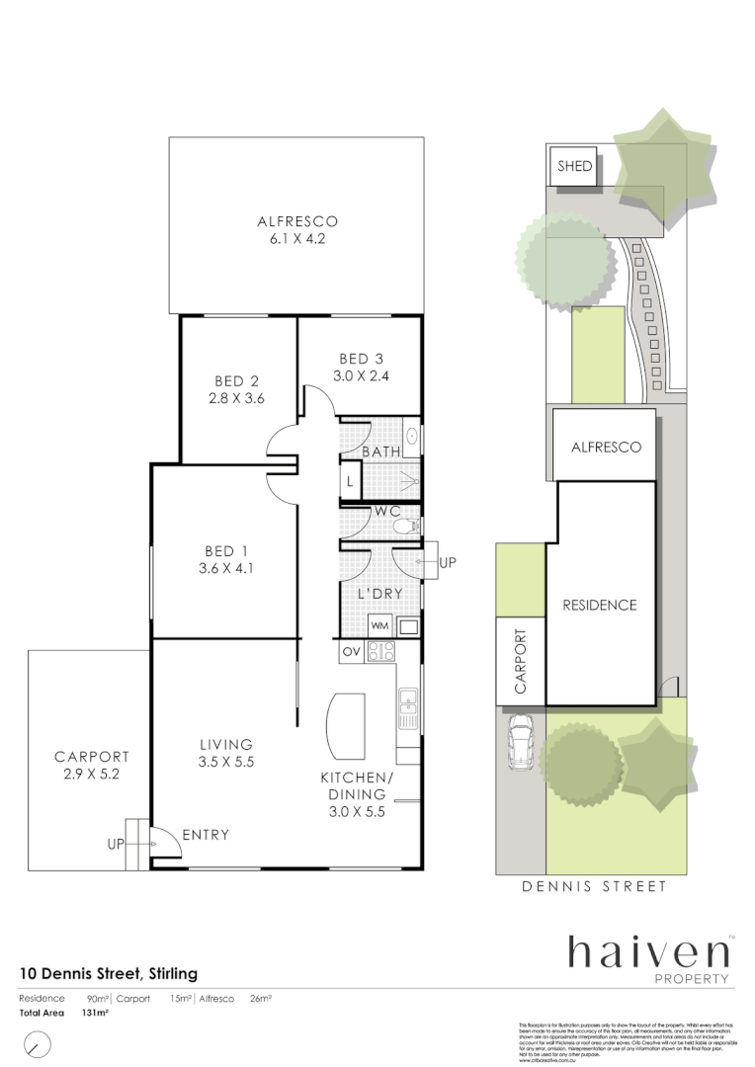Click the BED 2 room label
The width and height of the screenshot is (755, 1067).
(x=237, y=381)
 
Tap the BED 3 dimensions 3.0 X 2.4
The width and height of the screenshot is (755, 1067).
(x=360, y=375)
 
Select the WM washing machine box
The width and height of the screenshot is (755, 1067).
(x=379, y=625)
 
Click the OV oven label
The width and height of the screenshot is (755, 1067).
(x=351, y=651)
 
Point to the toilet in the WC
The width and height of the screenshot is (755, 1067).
(x=403, y=528)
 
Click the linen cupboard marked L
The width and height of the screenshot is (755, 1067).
(x=350, y=482)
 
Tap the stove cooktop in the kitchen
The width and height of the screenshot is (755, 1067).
(x=381, y=651)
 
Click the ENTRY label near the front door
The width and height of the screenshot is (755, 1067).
(x=206, y=835)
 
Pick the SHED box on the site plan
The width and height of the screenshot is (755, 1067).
(x=574, y=166)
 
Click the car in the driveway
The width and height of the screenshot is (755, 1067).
(x=520, y=742)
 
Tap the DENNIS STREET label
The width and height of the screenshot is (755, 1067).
(x=594, y=886)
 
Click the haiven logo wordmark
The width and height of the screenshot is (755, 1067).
(x=647, y=952)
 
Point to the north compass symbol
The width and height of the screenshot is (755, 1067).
(x=37, y=1043)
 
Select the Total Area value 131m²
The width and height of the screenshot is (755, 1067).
(x=95, y=1013)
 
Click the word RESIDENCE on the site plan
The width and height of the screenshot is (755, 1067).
(x=600, y=605)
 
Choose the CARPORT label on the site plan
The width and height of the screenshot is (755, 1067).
(x=520, y=661)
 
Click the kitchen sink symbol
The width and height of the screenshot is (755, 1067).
(x=407, y=702)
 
